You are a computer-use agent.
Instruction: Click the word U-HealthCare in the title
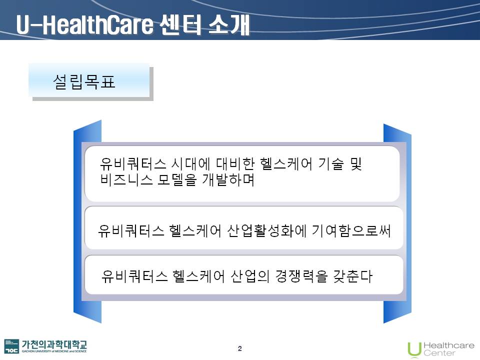84,24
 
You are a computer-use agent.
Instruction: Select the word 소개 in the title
229,24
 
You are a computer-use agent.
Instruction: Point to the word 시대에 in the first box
190,164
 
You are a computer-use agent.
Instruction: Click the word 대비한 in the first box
235,164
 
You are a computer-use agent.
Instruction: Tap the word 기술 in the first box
331,164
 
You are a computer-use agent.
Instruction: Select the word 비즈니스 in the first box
126,179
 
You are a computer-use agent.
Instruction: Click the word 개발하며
228,179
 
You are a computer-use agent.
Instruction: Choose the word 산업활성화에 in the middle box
266,231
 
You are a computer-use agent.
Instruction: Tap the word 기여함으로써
351,231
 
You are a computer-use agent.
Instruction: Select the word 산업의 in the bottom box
250,276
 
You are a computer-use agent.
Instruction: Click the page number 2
239,348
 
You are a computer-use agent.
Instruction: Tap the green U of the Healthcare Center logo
414,349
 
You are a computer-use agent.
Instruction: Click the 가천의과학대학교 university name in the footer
54,344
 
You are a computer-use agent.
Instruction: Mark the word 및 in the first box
356,164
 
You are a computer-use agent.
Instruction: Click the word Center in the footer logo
439,353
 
